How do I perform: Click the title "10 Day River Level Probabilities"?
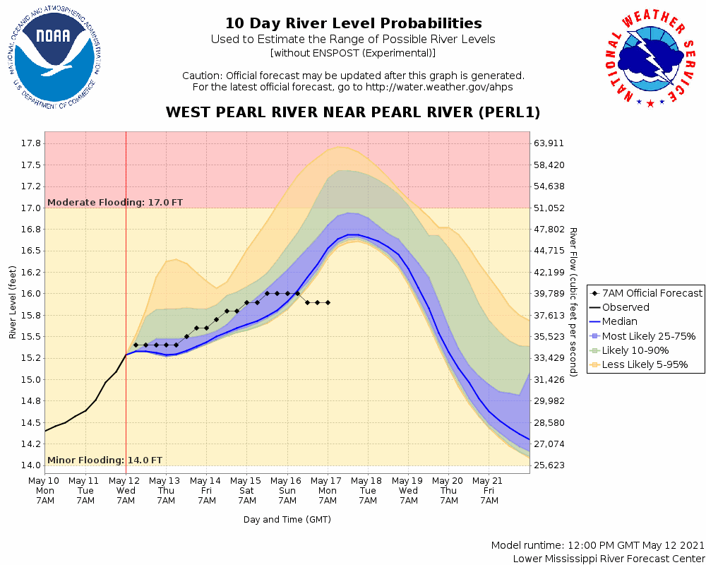[x=353, y=24]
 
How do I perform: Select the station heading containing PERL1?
[x=353, y=113]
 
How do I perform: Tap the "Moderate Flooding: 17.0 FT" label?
[x=115, y=203]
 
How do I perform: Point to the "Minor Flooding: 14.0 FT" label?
[x=104, y=460]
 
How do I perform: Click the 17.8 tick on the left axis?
[x=31, y=143]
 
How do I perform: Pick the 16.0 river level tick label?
[x=31, y=294]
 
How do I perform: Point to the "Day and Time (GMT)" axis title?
[x=287, y=520]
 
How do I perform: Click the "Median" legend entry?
[x=619, y=321]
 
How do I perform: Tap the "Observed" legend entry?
[x=625, y=307]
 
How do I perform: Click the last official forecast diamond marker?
[x=328, y=302]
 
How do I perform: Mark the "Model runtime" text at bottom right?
[x=597, y=546]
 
